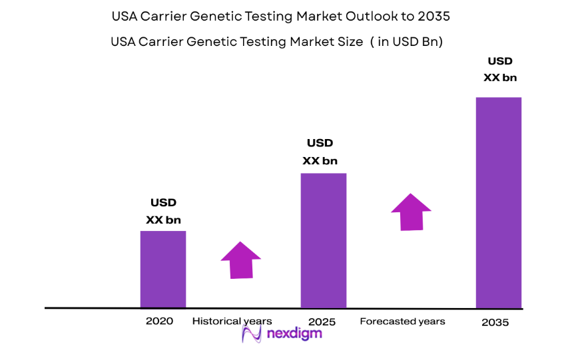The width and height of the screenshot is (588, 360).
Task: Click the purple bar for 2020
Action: pyautogui.click(x=162, y=270)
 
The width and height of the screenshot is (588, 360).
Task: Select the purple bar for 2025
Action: pyautogui.click(x=323, y=241)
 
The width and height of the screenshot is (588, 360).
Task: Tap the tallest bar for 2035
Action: pyautogui.click(x=498, y=203)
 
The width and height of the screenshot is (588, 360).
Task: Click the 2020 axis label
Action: pyautogui.click(x=159, y=321)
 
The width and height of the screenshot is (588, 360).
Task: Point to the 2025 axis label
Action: pyautogui.click(x=323, y=322)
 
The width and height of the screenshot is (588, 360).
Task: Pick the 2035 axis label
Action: pyautogui.click(x=495, y=323)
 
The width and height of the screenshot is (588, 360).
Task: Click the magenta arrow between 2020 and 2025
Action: pyautogui.click(x=240, y=260)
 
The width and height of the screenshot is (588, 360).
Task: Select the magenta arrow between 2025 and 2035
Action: pyautogui.click(x=411, y=212)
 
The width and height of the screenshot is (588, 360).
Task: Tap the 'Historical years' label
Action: pyautogui.click(x=232, y=321)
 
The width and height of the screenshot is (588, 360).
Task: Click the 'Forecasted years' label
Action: pyautogui.click(x=402, y=321)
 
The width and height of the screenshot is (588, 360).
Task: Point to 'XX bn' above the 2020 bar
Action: pyautogui.click(x=163, y=220)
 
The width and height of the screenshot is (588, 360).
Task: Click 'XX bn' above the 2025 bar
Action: pyautogui.click(x=320, y=160)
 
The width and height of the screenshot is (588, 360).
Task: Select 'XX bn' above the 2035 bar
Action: pyautogui.click(x=499, y=77)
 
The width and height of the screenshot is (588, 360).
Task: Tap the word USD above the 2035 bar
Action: pyautogui.click(x=499, y=61)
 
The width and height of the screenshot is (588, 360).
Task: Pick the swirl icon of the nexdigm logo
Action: pyautogui.click(x=252, y=333)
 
